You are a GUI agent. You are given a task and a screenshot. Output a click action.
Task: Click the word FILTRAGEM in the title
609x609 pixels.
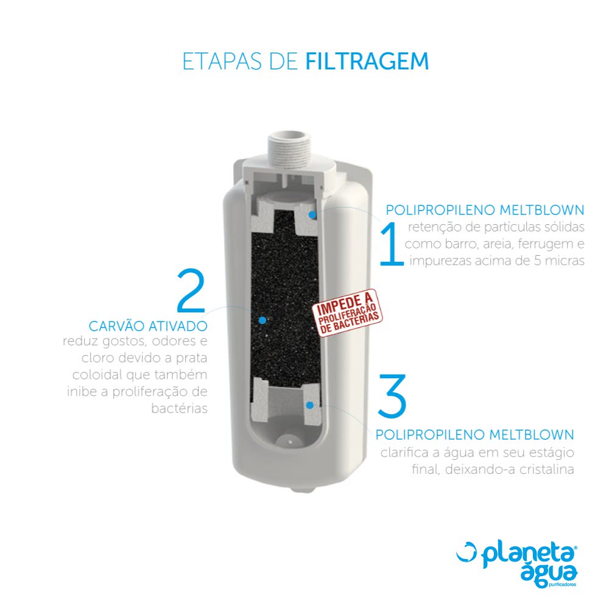367,62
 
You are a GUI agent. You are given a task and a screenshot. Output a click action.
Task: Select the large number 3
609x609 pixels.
392,396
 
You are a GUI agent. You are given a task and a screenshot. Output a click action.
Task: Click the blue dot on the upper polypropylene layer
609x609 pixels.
311,214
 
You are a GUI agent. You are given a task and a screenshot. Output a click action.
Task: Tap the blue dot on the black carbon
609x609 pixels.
262,319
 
